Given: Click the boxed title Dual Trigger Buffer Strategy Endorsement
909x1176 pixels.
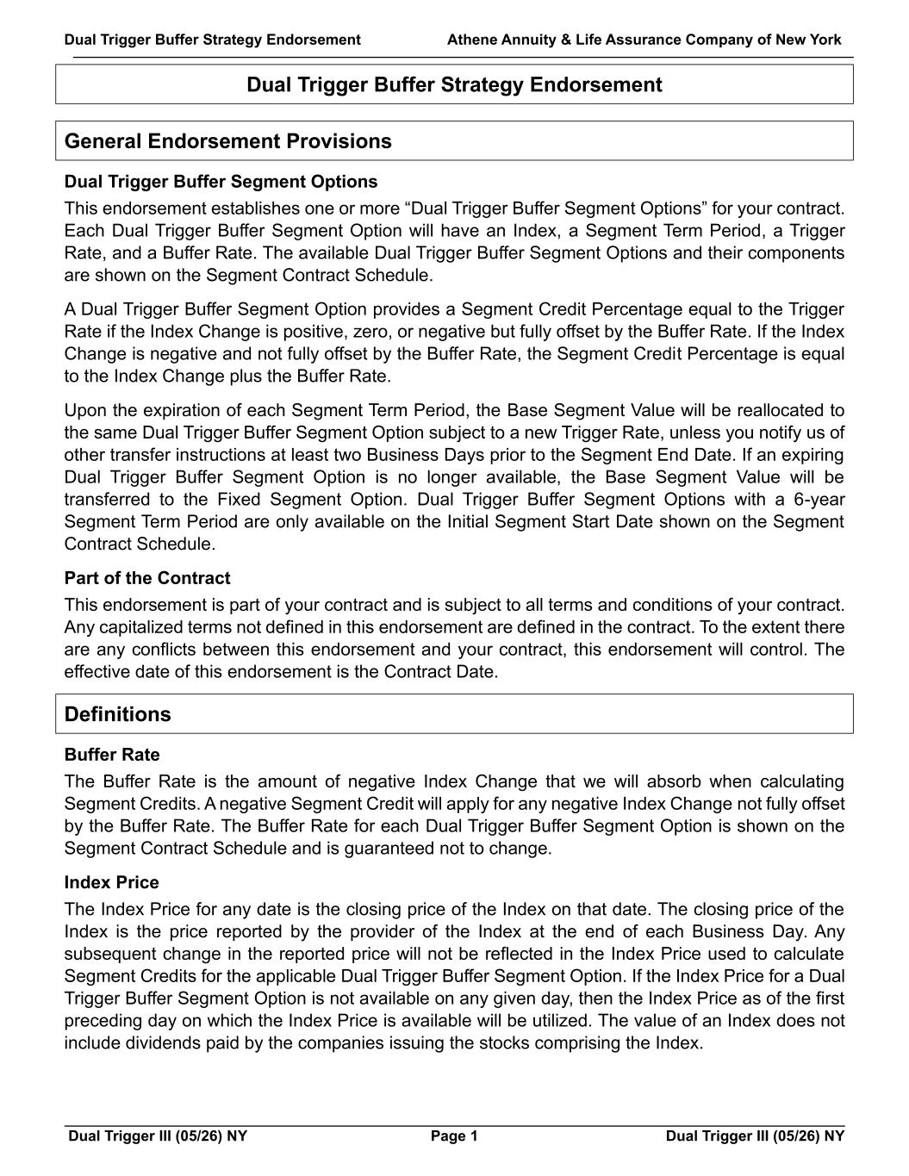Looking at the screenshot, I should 454,84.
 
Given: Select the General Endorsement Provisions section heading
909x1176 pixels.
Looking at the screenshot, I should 227,141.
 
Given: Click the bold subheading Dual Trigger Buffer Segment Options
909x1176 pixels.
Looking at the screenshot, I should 221,182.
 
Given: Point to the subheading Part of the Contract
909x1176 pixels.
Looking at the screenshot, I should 147,578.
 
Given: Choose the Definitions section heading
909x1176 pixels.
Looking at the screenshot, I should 118,714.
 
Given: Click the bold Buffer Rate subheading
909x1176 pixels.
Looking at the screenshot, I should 112,755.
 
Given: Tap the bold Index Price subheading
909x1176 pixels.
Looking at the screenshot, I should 111,882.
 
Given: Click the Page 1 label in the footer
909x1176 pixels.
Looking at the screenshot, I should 454,1136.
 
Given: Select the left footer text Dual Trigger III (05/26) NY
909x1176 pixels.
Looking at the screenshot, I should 158,1136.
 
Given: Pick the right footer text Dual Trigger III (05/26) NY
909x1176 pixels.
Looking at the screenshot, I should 755,1136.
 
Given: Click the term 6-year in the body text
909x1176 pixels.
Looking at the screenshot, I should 819,500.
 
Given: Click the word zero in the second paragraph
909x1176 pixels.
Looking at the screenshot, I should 372,332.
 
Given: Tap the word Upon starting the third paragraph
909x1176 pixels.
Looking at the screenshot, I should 84,410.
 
